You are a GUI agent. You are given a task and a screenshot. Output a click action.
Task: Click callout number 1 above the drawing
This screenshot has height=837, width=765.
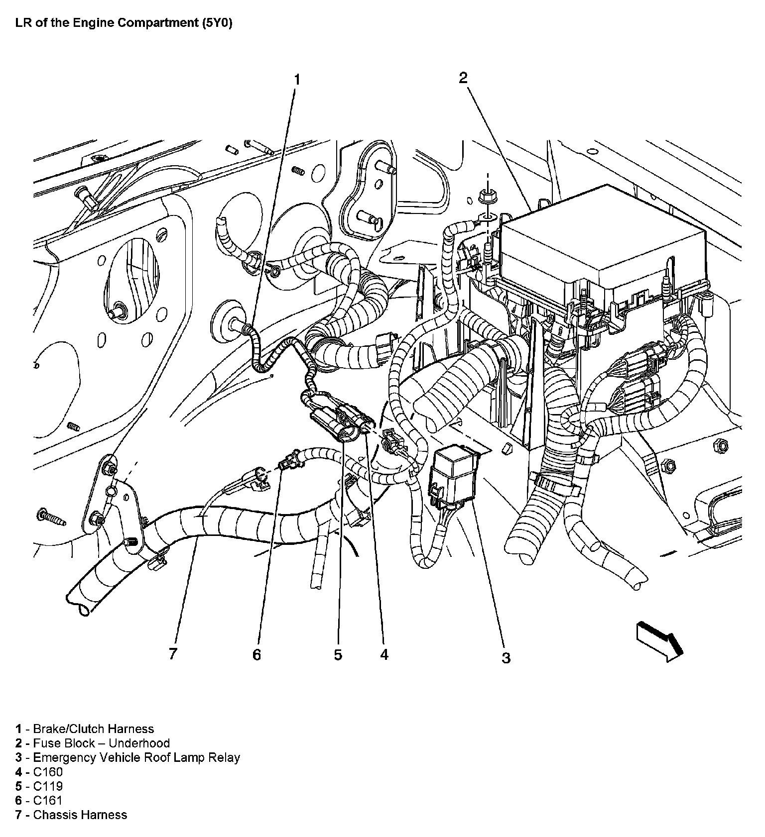[297, 80]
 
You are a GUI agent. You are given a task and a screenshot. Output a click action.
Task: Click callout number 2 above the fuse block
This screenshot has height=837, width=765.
[463, 78]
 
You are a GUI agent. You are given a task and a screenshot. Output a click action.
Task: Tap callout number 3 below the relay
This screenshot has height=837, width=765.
[506, 658]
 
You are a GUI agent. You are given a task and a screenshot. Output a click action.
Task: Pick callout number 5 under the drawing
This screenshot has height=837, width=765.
[338, 655]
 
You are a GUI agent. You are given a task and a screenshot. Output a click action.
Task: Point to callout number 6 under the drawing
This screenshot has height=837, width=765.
[256, 655]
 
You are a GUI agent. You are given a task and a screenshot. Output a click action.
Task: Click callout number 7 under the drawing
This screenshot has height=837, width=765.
[173, 654]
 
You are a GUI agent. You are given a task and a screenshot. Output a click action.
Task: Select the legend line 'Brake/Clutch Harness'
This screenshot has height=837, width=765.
[85, 729]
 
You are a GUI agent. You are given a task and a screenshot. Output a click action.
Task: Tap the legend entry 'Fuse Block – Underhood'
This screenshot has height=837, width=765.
[93, 743]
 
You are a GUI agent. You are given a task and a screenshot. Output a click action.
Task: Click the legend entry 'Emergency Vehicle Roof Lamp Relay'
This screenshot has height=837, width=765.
[127, 758]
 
